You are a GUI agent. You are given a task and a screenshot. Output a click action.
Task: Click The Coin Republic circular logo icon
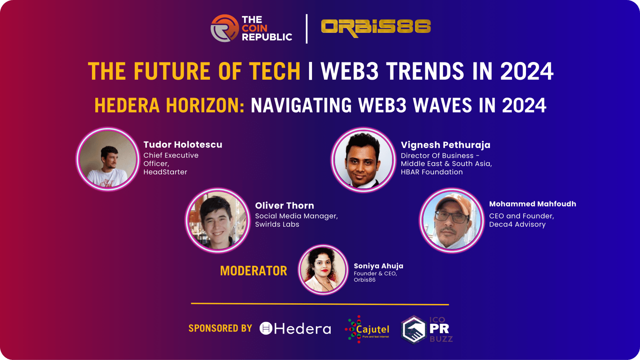224,28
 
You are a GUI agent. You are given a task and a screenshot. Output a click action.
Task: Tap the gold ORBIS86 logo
376,28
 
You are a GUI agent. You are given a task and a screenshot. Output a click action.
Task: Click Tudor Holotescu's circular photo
108,159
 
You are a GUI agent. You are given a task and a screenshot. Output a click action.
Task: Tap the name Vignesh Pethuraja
446,145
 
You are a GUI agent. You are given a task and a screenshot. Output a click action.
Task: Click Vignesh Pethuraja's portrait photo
363,160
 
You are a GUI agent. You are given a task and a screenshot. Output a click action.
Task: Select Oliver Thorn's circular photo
218,220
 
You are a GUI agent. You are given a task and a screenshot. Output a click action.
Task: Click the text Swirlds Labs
277,224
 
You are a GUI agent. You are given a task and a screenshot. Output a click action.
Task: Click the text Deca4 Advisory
517,224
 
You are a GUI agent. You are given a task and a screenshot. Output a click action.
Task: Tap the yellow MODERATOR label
254,271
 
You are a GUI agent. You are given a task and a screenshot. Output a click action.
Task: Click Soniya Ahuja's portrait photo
323,270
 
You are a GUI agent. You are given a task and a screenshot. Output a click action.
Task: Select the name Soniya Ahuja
378,266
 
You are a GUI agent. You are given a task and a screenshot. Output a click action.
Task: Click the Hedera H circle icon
266,328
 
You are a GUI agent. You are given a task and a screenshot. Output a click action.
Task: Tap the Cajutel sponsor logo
367,330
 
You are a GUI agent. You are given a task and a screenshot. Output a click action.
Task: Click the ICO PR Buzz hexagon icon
414,330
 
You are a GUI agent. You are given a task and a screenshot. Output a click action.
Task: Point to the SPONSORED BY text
220,328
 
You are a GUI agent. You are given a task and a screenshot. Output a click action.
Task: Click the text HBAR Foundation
432,172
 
